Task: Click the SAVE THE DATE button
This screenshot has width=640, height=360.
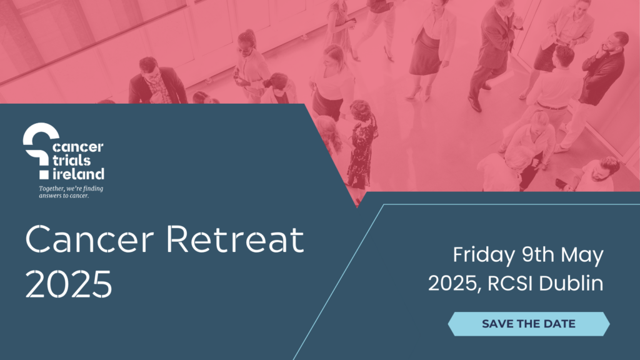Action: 529,324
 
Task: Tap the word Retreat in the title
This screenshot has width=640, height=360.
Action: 235,239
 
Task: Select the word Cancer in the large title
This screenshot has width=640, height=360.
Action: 90,239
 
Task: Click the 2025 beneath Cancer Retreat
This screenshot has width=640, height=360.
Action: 69,284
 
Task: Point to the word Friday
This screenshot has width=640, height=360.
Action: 484,256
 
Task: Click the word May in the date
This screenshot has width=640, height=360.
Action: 582,256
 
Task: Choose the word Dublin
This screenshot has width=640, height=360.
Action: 571,283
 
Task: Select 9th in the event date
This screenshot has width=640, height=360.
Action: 537,255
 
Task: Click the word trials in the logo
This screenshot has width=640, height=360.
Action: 71,160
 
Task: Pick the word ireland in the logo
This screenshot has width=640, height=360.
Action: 78,174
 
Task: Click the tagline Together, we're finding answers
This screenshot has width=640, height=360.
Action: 71,192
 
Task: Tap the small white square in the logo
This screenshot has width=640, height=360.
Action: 44,175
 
